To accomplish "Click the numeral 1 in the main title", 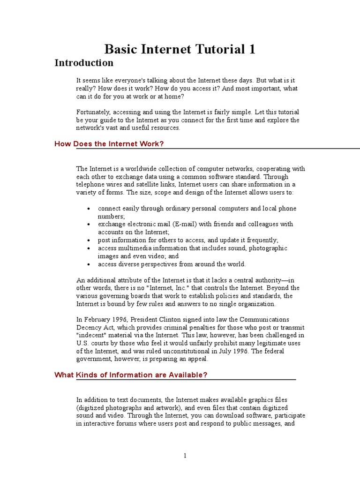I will click(252, 49).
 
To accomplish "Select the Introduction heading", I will click(84, 63).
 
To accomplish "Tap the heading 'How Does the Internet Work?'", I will click(109, 144).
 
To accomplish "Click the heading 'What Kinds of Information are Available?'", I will click(131, 375).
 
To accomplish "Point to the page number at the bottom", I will click(185, 456).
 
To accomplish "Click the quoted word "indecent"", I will click(91, 336).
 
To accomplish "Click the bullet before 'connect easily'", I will click(88, 209).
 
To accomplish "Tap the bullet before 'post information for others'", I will click(88, 240).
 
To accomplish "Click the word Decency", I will click(89, 328).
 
